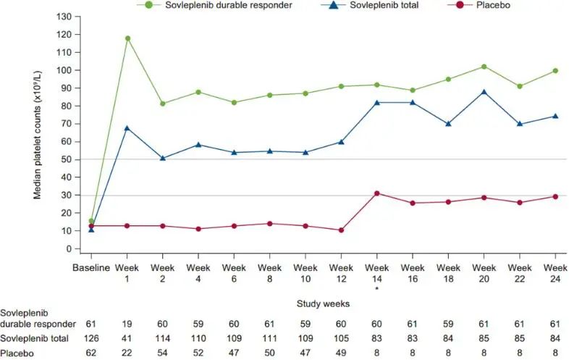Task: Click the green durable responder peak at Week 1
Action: [127, 38]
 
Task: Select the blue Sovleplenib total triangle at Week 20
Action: [484, 92]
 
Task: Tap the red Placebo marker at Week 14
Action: [376, 193]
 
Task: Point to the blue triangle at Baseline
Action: [91, 229]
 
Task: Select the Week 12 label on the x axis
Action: [341, 272]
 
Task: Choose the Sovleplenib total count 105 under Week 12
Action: [341, 338]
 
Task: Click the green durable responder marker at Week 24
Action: [555, 70]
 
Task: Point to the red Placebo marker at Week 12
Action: [341, 230]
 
